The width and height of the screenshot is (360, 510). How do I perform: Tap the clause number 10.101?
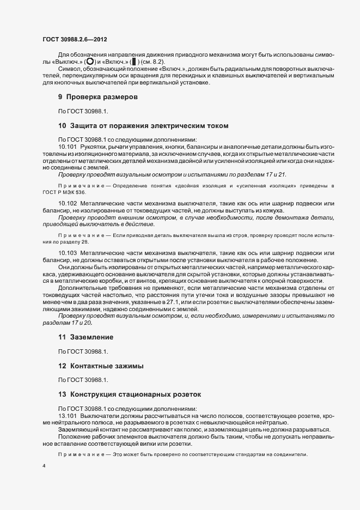(x=68, y=147)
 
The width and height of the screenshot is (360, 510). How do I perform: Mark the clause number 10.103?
(x=68, y=253)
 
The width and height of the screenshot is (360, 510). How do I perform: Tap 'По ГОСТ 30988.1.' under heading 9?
(x=83, y=111)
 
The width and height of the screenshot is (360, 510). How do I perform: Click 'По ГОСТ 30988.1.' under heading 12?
(x=83, y=380)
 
